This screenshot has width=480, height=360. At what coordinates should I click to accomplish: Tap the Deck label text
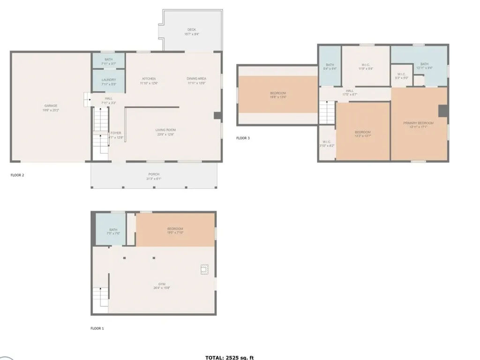tap(192, 32)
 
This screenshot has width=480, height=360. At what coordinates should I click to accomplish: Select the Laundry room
tap(108, 82)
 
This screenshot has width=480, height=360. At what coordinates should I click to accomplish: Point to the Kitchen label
tap(149, 81)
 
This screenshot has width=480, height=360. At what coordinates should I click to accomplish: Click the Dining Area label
tap(196, 81)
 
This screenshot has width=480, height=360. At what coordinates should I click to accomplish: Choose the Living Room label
tap(165, 132)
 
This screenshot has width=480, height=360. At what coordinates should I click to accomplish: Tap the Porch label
tap(154, 176)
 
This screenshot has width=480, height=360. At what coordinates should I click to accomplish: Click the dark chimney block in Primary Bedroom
tap(442, 110)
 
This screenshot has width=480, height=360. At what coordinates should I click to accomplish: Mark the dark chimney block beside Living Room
tap(217, 115)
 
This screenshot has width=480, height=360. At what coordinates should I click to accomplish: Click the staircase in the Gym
tap(100, 296)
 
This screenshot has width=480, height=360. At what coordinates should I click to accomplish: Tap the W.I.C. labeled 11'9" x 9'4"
tap(367, 66)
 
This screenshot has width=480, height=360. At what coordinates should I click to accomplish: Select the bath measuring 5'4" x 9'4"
tap(330, 67)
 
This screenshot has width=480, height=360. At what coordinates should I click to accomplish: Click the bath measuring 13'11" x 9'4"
tap(424, 66)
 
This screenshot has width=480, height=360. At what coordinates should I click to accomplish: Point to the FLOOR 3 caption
tap(243, 138)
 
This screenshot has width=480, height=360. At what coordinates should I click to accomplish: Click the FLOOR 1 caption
tap(97, 328)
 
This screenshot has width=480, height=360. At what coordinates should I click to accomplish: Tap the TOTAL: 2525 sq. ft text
tap(229, 357)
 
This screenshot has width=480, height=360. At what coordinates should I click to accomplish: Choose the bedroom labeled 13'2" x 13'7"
tap(363, 134)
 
